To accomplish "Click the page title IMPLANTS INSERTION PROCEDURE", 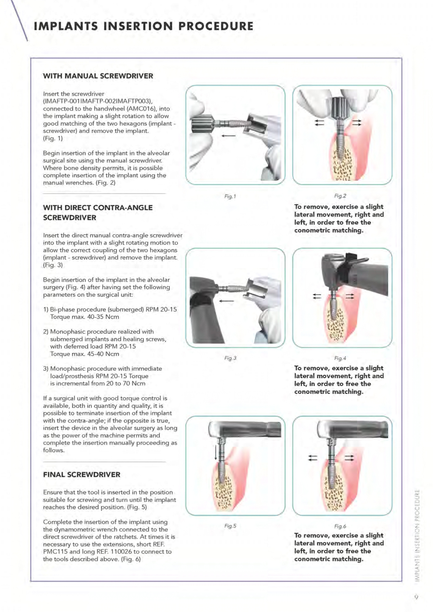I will (x=143, y=26).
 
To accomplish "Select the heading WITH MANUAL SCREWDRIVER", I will (x=98, y=76).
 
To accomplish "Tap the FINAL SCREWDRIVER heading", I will (x=81, y=474).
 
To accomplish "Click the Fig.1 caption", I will (x=230, y=196).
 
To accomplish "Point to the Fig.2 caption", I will (x=340, y=196).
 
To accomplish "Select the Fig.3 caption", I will (x=230, y=358).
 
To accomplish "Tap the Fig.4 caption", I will (x=340, y=358).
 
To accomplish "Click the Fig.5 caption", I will (x=230, y=526).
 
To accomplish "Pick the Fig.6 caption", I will (x=340, y=526).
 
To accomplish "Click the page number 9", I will (x=416, y=597).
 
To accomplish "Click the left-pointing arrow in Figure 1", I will (x=228, y=136).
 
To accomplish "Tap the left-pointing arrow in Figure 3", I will (x=226, y=301).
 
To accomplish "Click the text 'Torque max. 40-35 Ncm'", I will (x=84, y=317).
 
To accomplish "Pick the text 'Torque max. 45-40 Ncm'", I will (x=84, y=354).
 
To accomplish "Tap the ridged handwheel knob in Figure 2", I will (x=338, y=109).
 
